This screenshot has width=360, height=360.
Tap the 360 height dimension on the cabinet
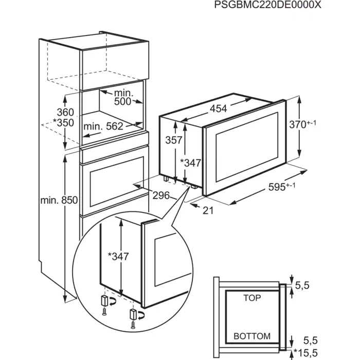click(x=65, y=112)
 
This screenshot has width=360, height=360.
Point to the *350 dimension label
click(x=63, y=123)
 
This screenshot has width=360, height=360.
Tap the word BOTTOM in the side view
click(x=252, y=336)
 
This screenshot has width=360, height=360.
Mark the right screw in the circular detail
click(x=134, y=324)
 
